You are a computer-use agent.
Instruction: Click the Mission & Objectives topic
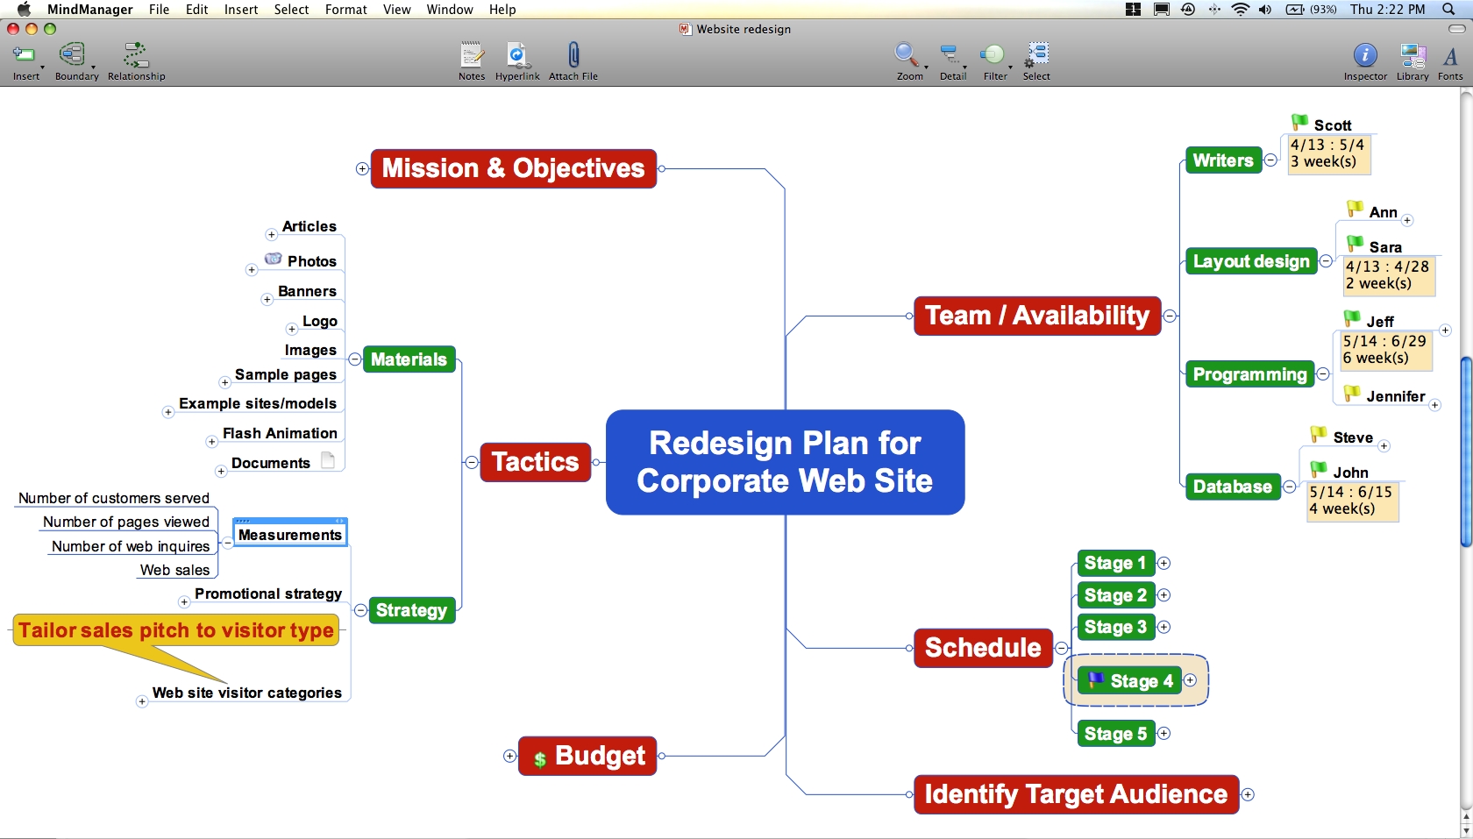click(513, 168)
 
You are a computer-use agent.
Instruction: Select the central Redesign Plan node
click(785, 462)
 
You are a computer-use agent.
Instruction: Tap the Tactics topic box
click(535, 462)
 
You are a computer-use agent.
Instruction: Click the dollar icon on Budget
click(540, 759)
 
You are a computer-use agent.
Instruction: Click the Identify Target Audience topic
click(1076, 794)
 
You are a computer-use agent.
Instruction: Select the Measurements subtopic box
click(290, 534)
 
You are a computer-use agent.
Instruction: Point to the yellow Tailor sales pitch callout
click(176, 630)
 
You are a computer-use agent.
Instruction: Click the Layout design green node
click(1251, 261)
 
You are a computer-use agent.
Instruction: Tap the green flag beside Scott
click(1299, 122)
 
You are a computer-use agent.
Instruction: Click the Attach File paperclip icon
click(573, 56)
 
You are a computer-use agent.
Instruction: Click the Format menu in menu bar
click(345, 10)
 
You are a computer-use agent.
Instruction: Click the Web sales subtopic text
click(174, 570)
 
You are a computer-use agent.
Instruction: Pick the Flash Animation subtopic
click(280, 433)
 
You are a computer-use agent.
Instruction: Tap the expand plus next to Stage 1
click(1164, 563)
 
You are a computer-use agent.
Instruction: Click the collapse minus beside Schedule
click(1062, 649)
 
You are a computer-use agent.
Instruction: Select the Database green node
click(1232, 487)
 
